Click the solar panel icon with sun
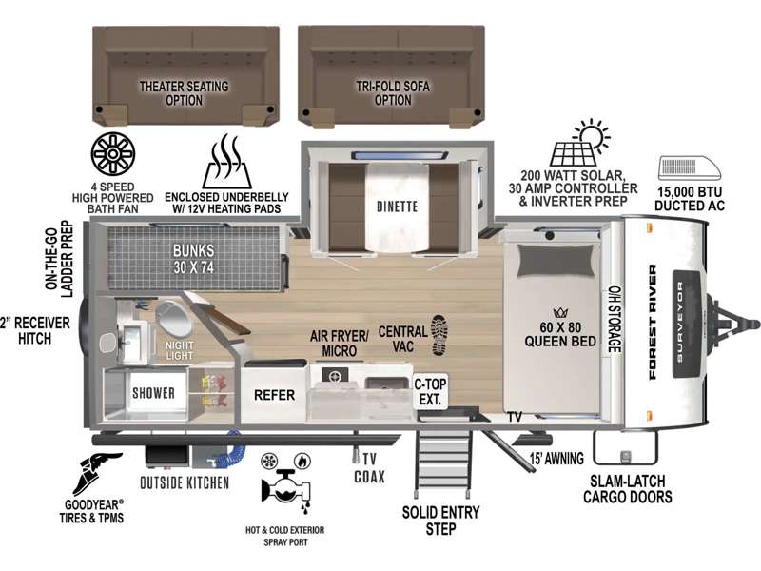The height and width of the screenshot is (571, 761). click(x=579, y=144)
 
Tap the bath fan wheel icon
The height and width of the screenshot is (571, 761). click(x=113, y=154)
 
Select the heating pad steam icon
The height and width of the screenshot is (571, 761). click(x=227, y=162)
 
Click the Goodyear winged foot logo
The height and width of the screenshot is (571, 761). click(x=96, y=473)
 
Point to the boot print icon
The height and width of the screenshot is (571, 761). click(x=439, y=335)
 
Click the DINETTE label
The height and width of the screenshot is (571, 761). click(x=397, y=207)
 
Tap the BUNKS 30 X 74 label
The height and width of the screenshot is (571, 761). click(x=193, y=258)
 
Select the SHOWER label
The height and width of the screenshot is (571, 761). click(x=153, y=393)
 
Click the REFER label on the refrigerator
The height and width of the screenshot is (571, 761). click(x=274, y=395)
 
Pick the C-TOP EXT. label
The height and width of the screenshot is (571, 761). click(x=430, y=391)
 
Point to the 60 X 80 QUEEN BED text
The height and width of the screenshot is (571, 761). click(x=560, y=334)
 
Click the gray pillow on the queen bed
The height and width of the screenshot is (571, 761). click(x=556, y=261)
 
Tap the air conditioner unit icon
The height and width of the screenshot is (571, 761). click(x=689, y=168)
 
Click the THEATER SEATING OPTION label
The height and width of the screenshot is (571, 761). click(x=184, y=93)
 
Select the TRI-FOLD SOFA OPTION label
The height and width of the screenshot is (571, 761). click(x=393, y=93)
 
